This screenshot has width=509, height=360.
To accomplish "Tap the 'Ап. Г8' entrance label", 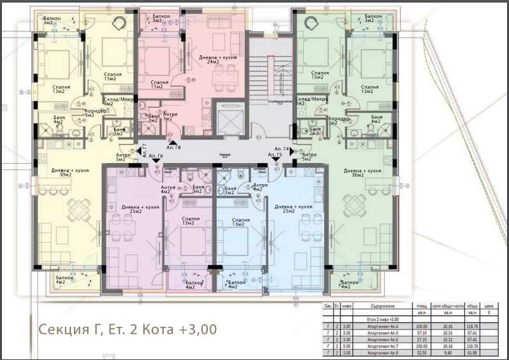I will coord(174,148).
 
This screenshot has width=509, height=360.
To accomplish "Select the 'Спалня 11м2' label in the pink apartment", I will coord(160,84).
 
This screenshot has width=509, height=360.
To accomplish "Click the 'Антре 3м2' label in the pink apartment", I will coord(168,116).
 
